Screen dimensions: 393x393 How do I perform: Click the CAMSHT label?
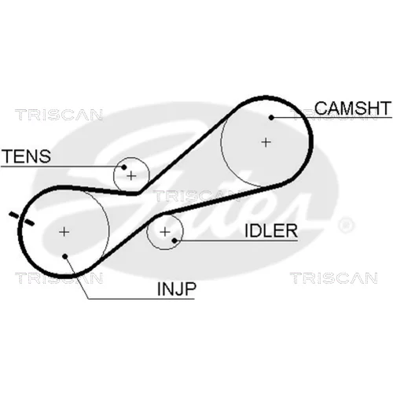coord(353,108)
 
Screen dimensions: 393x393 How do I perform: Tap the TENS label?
coord(26,156)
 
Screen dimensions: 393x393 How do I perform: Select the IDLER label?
coord(271,231)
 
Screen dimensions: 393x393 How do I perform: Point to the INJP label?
coord(176,288)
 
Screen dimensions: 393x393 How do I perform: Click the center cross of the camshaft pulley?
coord(266,142)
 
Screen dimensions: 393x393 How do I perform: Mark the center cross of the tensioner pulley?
coord(131,175)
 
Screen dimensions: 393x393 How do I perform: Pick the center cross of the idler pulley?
coord(165,232)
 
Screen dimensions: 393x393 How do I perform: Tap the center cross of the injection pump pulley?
coord(64,232)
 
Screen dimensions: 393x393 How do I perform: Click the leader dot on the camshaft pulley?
coord(271,118)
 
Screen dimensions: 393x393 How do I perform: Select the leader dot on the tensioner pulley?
coord(124,167)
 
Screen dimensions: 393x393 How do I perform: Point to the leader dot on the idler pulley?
coord(174,240)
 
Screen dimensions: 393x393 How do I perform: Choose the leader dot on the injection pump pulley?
coord(65,256)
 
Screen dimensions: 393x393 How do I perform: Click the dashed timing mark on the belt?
coord(21,219)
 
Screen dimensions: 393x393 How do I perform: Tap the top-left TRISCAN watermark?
coord(59,115)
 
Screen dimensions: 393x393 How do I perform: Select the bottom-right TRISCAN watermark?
coord(334,278)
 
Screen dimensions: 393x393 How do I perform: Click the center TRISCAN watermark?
coord(196,196)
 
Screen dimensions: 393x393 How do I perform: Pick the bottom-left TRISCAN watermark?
coord(59,278)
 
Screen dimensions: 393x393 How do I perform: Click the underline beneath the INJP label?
coord(141,299)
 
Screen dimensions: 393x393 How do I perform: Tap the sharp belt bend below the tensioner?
coord(138,193)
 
